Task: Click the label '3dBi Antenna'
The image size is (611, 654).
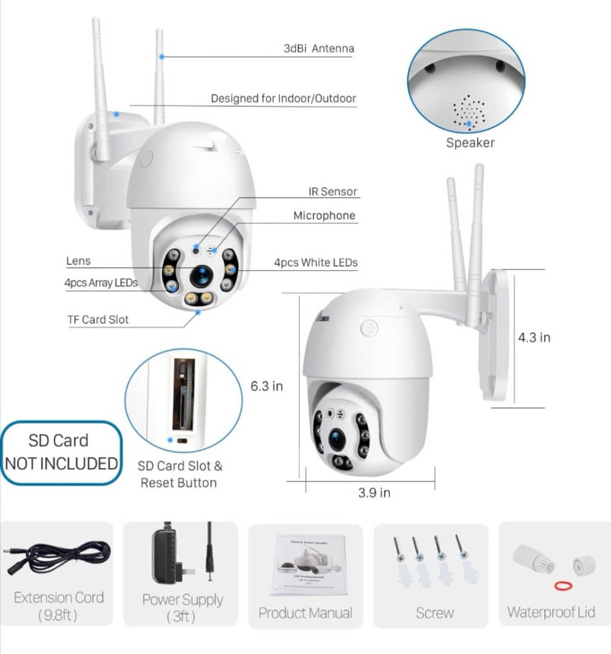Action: click(318, 48)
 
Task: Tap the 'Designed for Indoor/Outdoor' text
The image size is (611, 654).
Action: click(283, 98)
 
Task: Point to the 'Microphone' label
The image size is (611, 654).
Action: click(324, 216)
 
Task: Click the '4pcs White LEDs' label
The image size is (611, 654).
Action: click(315, 263)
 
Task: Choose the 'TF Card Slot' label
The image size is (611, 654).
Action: click(98, 319)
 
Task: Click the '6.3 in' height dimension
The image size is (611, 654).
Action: click(267, 386)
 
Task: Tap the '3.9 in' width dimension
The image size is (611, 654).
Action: click(374, 492)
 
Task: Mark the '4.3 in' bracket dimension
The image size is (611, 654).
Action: click(534, 337)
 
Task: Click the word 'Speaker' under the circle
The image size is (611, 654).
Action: click(470, 143)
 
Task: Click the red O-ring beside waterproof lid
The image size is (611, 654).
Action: click(564, 585)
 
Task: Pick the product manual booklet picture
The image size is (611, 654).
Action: click(305, 564)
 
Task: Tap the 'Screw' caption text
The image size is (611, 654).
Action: click(435, 613)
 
